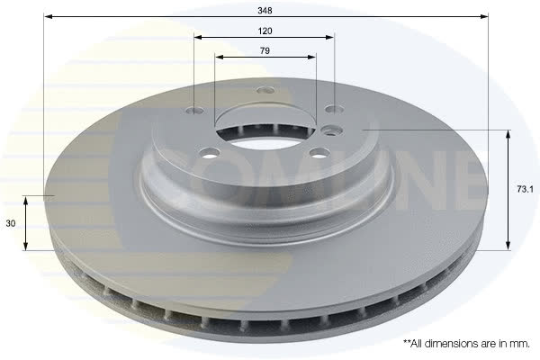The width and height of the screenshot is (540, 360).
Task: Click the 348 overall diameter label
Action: point(265,11)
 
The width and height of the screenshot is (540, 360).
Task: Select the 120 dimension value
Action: point(265,31)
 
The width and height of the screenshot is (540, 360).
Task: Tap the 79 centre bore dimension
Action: point(265,50)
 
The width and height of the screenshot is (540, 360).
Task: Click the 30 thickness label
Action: point(11,223)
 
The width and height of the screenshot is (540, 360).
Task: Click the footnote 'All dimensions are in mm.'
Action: point(466,344)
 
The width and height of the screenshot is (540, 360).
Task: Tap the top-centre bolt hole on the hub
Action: point(265,90)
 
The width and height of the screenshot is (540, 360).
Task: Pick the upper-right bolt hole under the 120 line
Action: point(335,110)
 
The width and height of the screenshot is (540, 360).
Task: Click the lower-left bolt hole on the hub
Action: point(210,153)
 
